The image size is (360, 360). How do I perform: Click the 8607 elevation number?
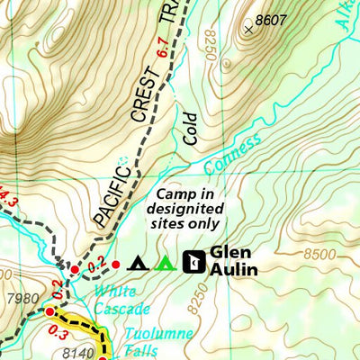[x=269, y=18]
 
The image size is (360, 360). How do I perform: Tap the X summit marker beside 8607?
[x=248, y=28]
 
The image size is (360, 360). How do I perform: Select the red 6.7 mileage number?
[x=161, y=48]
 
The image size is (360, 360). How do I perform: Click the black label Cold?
[x=188, y=127]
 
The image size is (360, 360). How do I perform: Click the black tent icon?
[x=137, y=263]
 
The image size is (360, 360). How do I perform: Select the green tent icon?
[x=164, y=263]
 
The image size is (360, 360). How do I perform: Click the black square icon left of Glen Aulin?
[x=192, y=262]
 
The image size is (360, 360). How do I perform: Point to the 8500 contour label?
[x=321, y=254]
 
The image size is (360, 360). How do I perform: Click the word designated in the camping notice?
[x=187, y=209]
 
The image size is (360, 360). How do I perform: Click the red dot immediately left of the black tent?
[x=114, y=263]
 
